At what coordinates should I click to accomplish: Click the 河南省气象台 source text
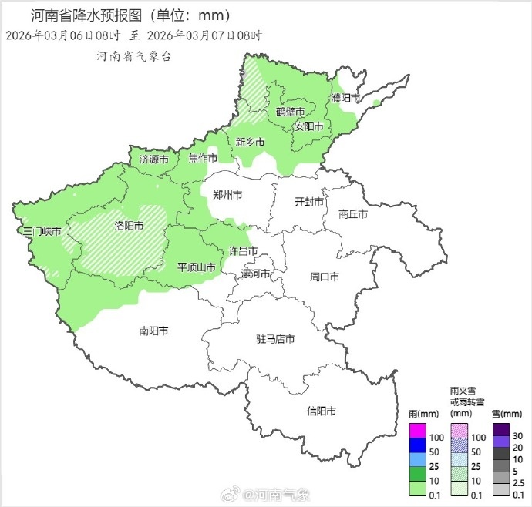[x=133, y=56]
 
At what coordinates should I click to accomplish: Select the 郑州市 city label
[x=227, y=196]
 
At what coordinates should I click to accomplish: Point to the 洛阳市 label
[x=129, y=226]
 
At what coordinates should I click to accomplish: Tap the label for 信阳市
[x=321, y=411]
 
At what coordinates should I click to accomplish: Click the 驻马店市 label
[x=275, y=339]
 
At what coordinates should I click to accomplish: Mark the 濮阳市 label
[x=346, y=98]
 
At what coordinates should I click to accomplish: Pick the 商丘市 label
[x=353, y=214]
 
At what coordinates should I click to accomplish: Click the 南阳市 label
[x=153, y=331]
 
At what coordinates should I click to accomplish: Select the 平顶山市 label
[x=197, y=267]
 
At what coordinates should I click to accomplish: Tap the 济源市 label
[x=154, y=159]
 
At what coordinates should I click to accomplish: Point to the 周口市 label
[x=325, y=276]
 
